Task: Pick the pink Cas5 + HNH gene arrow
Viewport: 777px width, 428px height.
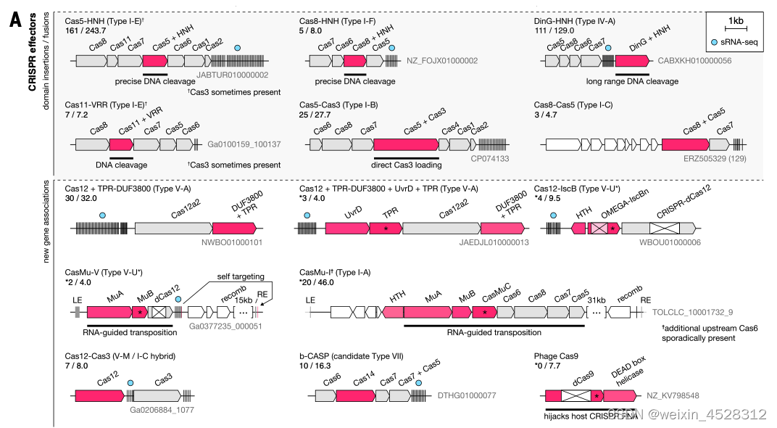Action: pyautogui.click(x=155, y=62)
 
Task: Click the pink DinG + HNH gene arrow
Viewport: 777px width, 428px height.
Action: pyautogui.click(x=632, y=63)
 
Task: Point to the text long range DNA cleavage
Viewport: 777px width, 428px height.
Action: pyautogui.click(x=632, y=82)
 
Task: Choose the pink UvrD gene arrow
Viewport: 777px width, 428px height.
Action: pyautogui.click(x=347, y=228)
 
